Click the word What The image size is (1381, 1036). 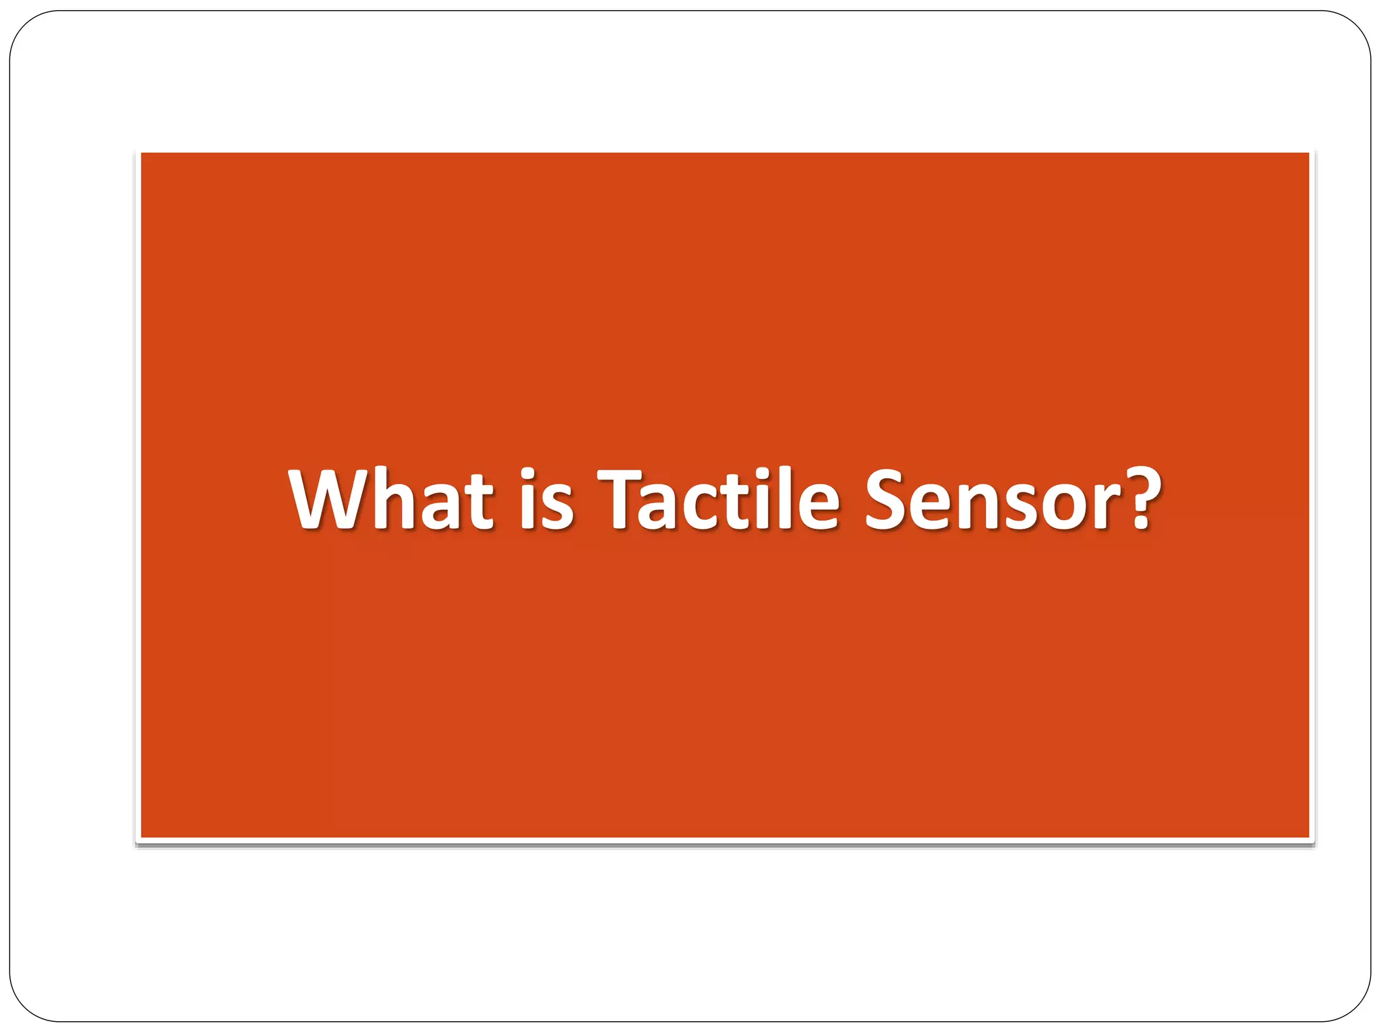pos(390,499)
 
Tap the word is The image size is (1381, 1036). pos(546,499)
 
